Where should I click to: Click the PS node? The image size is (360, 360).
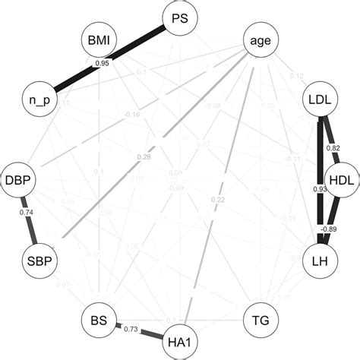[x=180, y=16]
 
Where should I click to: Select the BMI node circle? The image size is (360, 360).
[x=101, y=43]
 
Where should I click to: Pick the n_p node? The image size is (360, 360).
[x=39, y=99]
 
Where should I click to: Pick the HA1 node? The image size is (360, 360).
[x=180, y=339]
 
